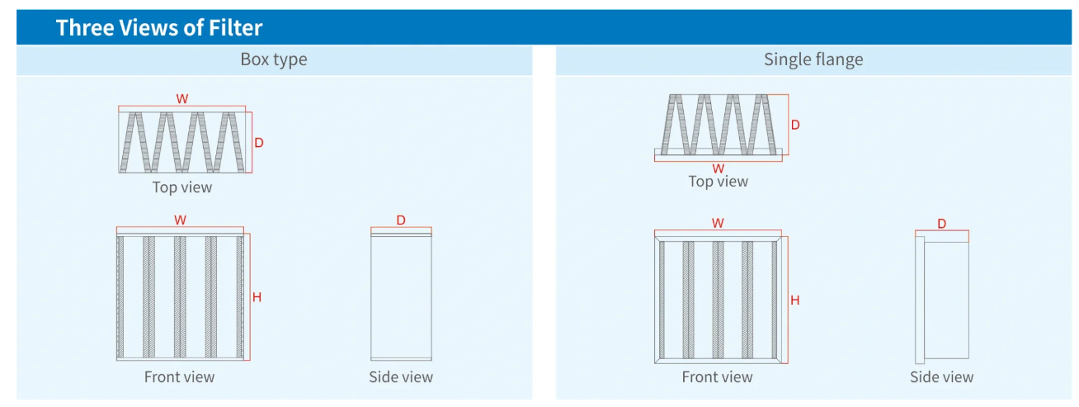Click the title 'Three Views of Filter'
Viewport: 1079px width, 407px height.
[159, 27]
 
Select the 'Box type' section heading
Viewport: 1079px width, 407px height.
[274, 59]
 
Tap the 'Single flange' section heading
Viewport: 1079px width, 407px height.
[813, 59]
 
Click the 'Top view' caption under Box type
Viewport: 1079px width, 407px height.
[182, 187]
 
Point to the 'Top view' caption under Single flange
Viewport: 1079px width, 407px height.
[719, 182]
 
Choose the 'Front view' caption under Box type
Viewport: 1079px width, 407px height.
[179, 377]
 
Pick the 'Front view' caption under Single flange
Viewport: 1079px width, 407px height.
[717, 377]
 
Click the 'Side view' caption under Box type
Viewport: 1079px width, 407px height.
[401, 377]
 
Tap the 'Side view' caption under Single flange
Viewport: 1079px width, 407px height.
[941, 377]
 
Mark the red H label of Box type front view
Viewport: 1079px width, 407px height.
[257, 297]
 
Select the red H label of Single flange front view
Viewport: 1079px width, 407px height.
[794, 301]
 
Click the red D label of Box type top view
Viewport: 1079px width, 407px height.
[258, 143]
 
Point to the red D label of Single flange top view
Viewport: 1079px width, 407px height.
[795, 125]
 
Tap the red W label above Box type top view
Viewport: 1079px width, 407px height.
[182, 98]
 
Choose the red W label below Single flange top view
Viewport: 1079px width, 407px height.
[719, 168]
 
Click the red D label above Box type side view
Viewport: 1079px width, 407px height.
[401, 220]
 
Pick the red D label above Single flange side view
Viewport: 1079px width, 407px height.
[941, 224]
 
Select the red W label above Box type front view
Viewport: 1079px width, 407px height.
[180, 220]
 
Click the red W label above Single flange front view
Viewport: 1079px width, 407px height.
[718, 223]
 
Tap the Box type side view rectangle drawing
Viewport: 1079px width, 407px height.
[401, 297]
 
